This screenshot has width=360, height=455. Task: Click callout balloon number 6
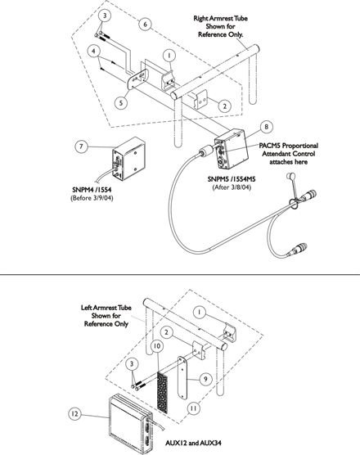pos(146,24)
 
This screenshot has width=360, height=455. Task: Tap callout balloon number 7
pos(81,146)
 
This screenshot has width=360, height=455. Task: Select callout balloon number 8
pos(266,127)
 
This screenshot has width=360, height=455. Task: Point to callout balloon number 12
pos(74,413)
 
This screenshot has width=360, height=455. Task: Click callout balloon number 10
pos(157,346)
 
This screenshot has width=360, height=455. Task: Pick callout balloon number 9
pos(205,379)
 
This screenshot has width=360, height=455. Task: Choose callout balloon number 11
pos(193,408)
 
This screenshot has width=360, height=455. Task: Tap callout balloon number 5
pos(121,103)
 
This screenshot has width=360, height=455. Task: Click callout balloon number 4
pos(93,51)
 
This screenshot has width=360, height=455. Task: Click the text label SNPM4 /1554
pos(92,190)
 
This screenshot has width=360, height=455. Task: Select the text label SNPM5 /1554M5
pos(232,179)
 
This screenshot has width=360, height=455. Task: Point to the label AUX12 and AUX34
pos(193,443)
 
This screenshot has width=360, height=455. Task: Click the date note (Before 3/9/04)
pos(92,198)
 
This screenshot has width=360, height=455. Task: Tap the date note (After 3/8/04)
pos(232,187)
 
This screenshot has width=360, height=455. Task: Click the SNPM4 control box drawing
pos(128,159)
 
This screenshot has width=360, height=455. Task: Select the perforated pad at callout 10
pos(164,390)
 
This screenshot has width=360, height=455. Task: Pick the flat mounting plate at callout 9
pos(182,377)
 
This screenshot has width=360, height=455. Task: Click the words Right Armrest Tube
pos(220,18)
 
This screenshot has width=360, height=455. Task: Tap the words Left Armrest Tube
pos(106,308)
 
